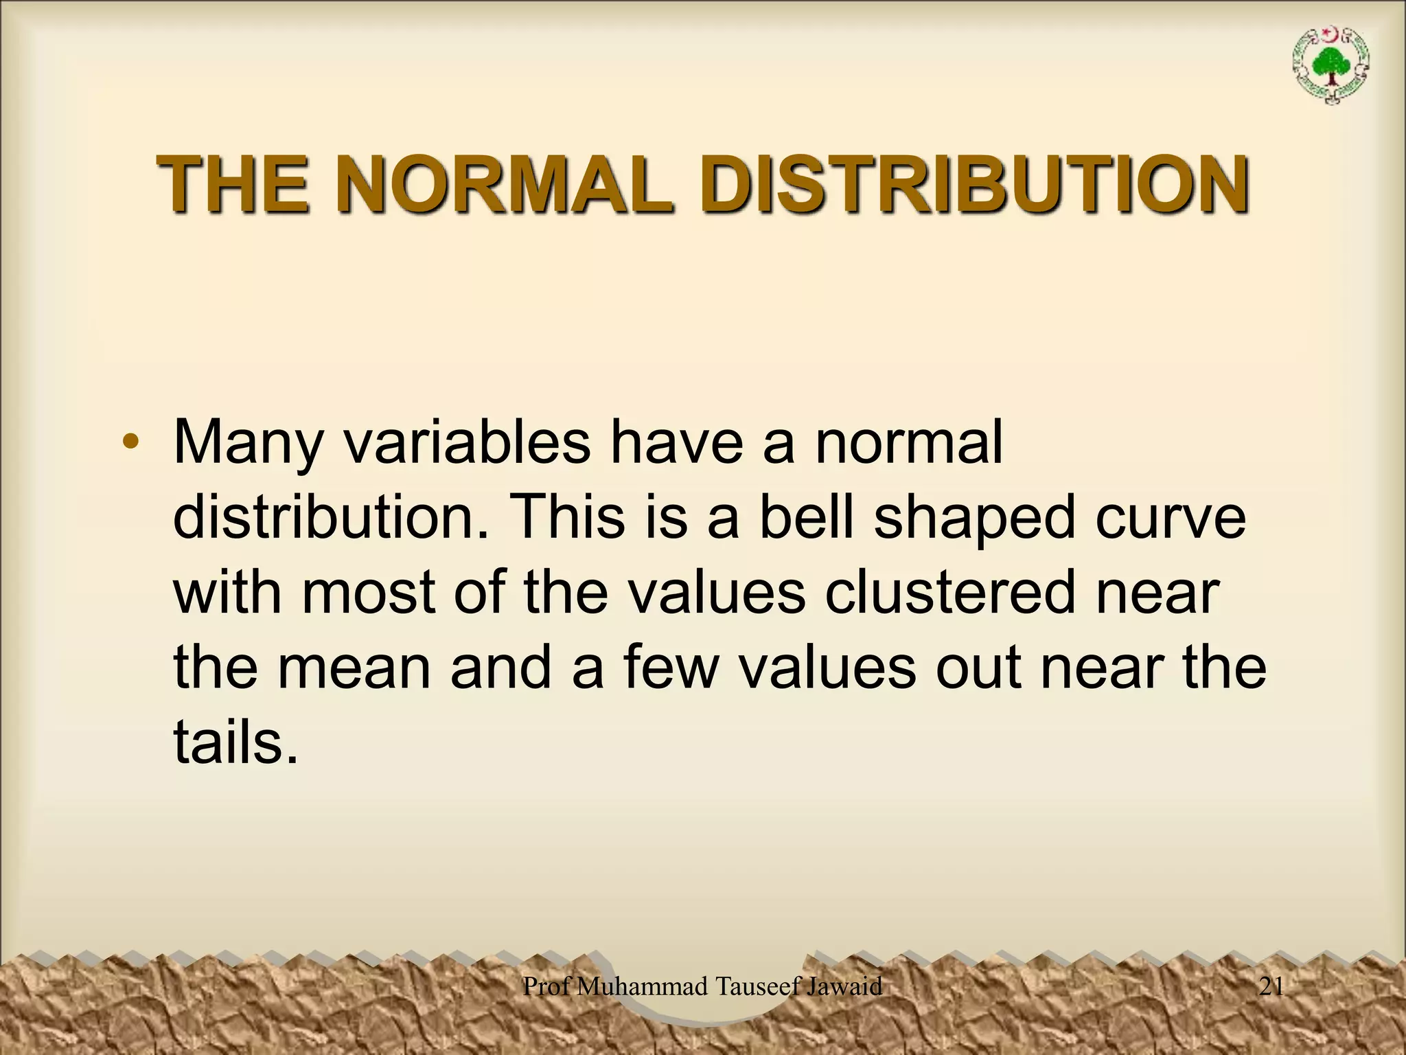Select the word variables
[x=467, y=443]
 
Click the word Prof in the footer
[x=546, y=986]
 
